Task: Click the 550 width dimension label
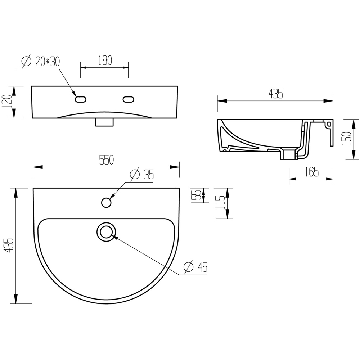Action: (x=106, y=160)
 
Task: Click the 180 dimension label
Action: (x=105, y=60)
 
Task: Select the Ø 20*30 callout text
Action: (x=41, y=62)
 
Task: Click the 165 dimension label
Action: (x=311, y=172)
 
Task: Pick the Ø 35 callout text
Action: (x=142, y=175)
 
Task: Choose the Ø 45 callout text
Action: (x=195, y=267)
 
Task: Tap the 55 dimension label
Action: (x=196, y=195)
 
